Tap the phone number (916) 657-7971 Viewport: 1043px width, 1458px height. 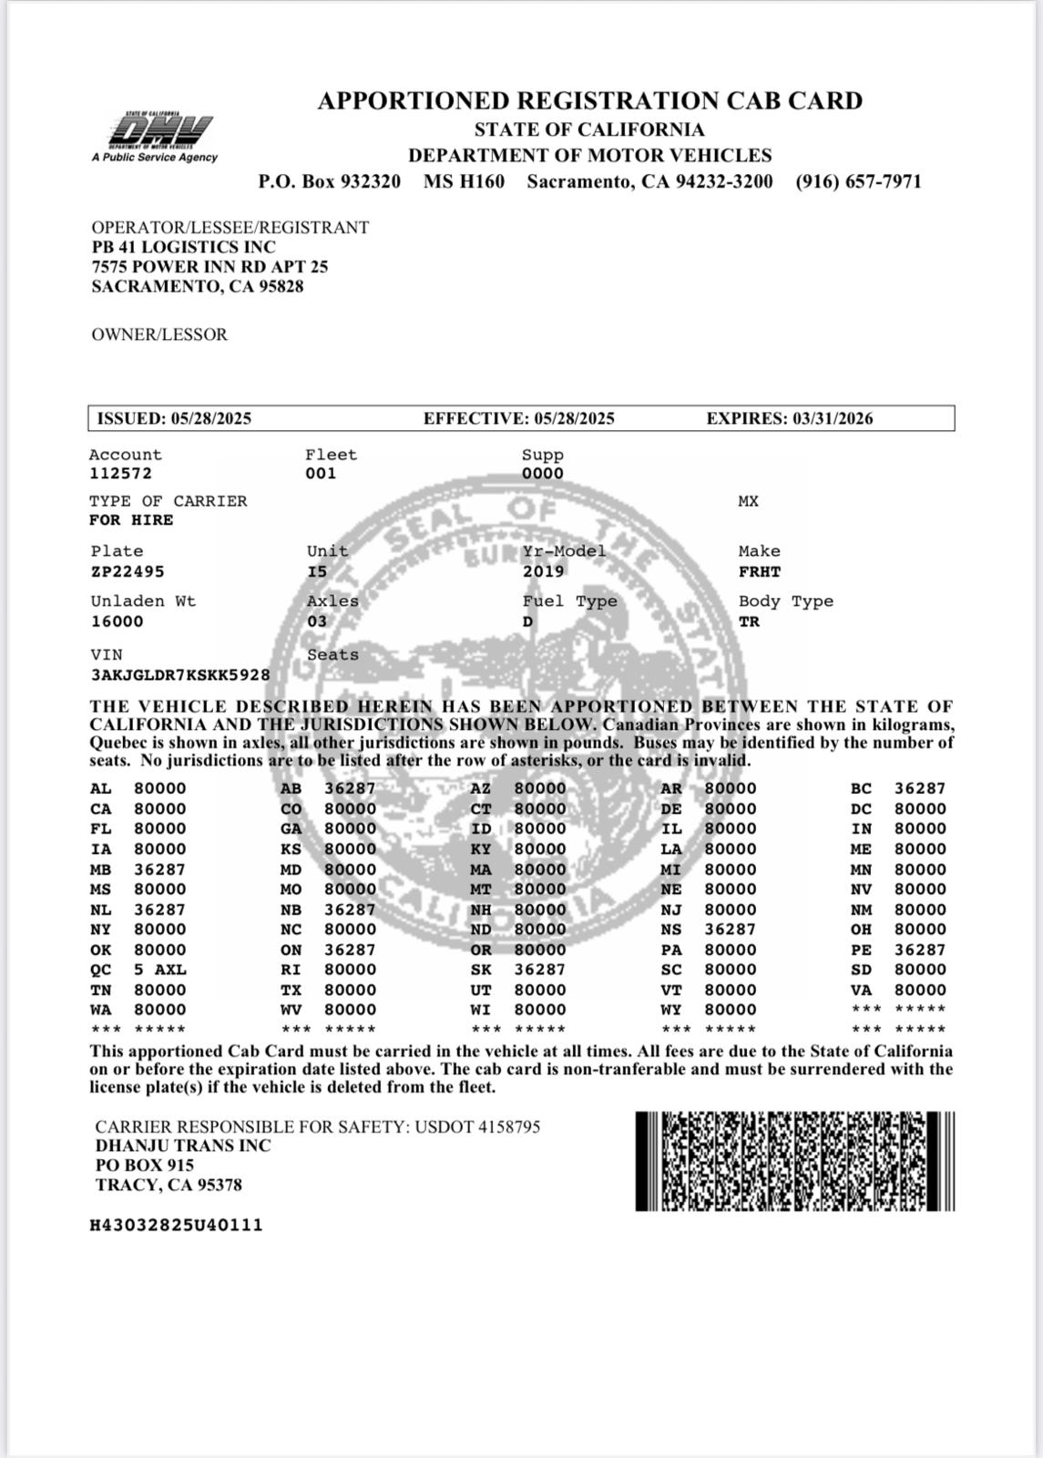tap(858, 181)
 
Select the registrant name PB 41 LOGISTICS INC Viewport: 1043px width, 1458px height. tap(183, 247)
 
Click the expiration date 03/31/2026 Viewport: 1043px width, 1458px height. tap(832, 419)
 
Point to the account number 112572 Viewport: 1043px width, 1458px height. tap(120, 474)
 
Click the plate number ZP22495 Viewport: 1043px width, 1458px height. tap(128, 572)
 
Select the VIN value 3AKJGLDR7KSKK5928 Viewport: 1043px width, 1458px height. tap(179, 675)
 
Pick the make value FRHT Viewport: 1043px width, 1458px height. tap(759, 572)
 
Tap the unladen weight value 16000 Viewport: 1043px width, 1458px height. tap(117, 621)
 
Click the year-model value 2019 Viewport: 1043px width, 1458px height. tap(543, 572)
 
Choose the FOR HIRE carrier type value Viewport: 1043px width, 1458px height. tap(130, 520)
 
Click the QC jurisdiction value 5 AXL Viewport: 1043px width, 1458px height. tap(159, 970)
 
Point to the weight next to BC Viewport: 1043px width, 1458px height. tap(919, 789)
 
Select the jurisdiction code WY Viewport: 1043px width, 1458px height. tap(670, 1010)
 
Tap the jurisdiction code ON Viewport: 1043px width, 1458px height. tap(291, 950)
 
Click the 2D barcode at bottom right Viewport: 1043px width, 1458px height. tap(794, 1161)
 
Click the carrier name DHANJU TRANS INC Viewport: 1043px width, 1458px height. tap(183, 1146)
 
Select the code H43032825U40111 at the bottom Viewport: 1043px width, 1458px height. tap(176, 1226)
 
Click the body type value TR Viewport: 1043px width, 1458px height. tap(749, 621)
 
